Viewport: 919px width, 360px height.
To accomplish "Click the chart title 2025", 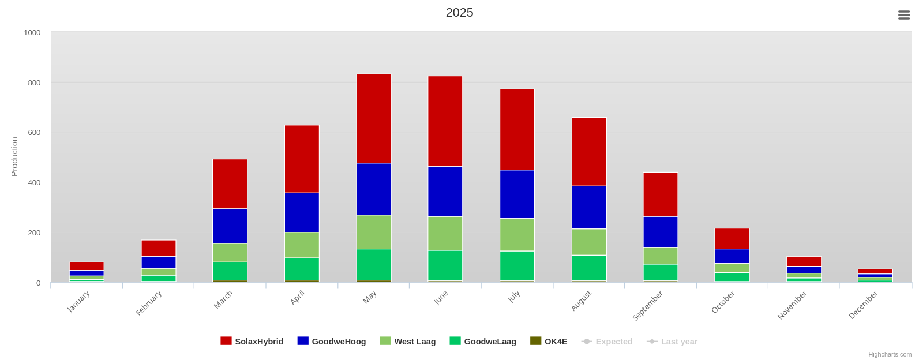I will [x=459, y=13].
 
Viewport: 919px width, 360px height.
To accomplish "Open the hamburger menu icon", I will [x=904, y=15].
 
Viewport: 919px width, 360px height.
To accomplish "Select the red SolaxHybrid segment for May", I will [x=374, y=118].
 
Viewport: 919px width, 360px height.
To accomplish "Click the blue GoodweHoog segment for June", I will [x=445, y=191].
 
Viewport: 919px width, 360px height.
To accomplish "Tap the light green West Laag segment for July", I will [x=517, y=234].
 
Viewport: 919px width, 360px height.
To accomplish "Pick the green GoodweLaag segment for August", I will [x=589, y=268].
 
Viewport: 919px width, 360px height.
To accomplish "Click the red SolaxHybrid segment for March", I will [x=230, y=183].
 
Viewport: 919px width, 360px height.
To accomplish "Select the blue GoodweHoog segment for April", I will [x=302, y=212].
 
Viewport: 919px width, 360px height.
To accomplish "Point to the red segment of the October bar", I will [x=732, y=238].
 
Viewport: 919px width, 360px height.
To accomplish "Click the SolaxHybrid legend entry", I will [x=252, y=342].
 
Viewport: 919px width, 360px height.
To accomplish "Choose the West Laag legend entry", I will [x=408, y=342].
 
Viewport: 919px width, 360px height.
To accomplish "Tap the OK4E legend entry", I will [x=549, y=342].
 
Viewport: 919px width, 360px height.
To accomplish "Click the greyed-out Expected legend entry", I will [x=607, y=342].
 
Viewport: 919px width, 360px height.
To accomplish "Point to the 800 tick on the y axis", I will [x=34, y=82].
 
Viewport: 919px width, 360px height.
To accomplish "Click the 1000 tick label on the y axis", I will [x=32, y=33].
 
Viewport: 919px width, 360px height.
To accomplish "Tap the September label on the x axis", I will [x=648, y=305].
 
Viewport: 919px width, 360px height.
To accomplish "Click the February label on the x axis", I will [x=149, y=303].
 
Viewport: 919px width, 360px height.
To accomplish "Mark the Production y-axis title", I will [x=14, y=156].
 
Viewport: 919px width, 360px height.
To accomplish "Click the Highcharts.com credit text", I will [x=890, y=354].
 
